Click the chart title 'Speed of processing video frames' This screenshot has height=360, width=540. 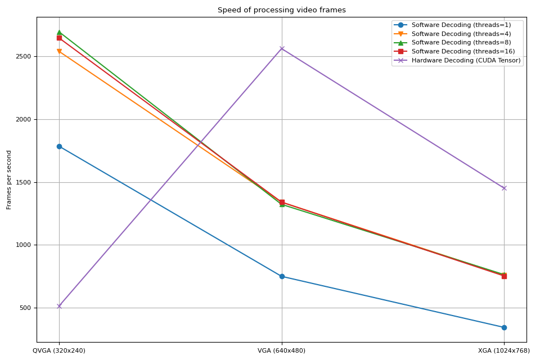tap(281, 10)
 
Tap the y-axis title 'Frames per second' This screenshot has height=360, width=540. tap(9, 179)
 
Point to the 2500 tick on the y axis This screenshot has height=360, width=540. tap(25, 57)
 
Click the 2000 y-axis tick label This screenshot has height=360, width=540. tap(25, 119)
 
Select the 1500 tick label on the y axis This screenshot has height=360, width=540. tap(25, 182)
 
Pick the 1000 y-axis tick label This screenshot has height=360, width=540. tap(25, 245)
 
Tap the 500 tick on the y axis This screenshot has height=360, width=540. tap(27, 308)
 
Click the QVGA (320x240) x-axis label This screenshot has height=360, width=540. tap(59, 350)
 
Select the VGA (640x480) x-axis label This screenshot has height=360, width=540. tap(281, 350)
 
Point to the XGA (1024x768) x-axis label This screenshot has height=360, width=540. tap(503, 350)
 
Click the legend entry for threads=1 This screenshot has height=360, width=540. tap(461, 25)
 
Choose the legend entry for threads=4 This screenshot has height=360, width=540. tap(461, 34)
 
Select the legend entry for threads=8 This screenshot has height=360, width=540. tap(461, 42)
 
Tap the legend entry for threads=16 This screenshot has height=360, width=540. tap(462, 51)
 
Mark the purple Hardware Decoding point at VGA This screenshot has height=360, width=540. tap(282, 48)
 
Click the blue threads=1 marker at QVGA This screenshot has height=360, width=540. tap(59, 146)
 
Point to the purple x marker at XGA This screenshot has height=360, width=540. tap(504, 188)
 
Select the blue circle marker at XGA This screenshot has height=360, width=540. tap(504, 327)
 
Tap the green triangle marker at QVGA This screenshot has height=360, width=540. tap(59, 32)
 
